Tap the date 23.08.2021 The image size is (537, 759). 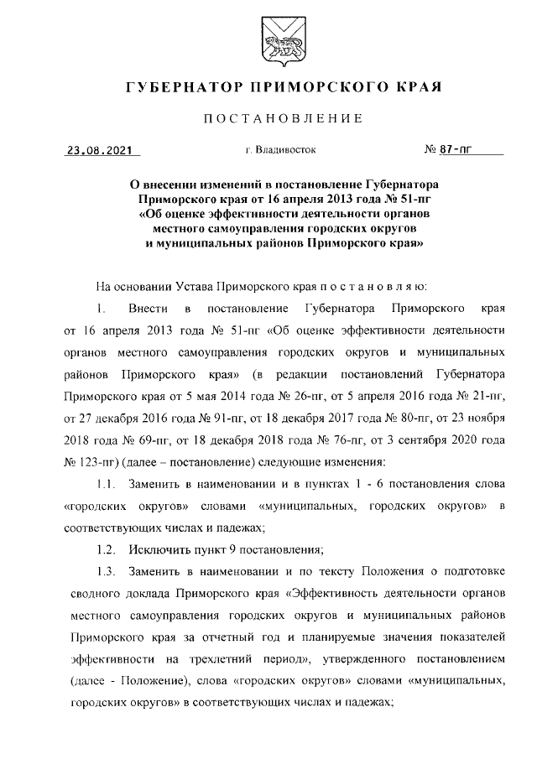[101, 152]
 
